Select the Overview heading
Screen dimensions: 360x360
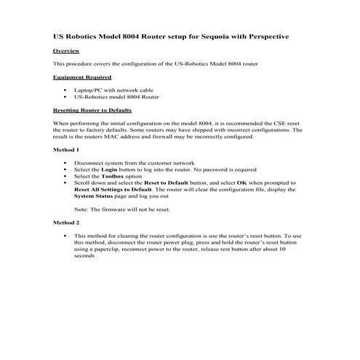[x=67, y=52]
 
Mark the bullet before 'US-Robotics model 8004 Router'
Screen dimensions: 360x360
[x=65, y=96]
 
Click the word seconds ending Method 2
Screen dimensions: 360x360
[x=84, y=256]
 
